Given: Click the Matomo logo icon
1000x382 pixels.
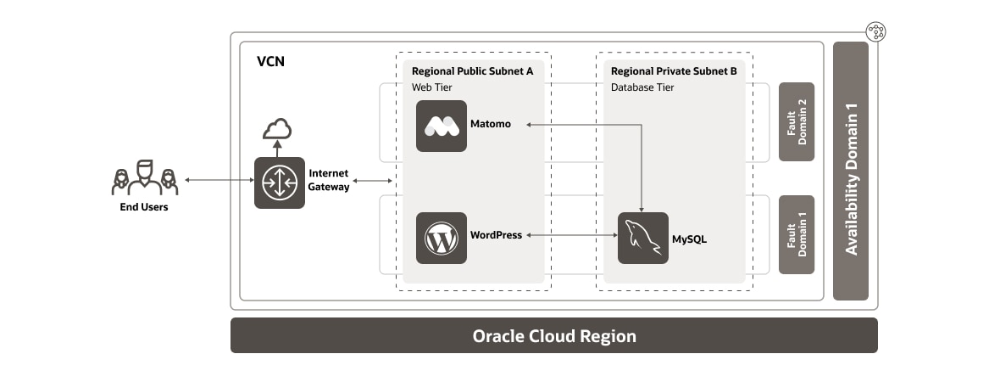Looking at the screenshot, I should click(442, 126).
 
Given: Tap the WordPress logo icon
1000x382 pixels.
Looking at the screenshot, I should click(442, 238).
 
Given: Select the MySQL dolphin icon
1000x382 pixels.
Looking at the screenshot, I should click(642, 238).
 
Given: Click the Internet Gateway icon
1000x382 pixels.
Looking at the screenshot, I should click(280, 183).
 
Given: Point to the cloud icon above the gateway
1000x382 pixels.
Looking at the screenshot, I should click(277, 129).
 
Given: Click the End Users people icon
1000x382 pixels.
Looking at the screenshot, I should click(145, 177).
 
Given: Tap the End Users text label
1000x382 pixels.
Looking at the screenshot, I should click(144, 207).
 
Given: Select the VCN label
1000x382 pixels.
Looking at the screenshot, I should click(270, 63).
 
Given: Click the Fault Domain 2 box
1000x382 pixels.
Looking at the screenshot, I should click(797, 121).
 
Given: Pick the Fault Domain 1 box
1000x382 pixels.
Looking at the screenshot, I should click(797, 234).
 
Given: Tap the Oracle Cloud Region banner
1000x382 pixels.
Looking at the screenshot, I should click(554, 335).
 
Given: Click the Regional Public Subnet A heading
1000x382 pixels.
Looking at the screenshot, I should click(472, 71).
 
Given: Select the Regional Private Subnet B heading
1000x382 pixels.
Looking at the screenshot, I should click(674, 71).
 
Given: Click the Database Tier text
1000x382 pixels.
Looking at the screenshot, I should click(642, 87).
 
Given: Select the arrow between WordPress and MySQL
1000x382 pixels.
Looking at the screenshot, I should click(569, 235).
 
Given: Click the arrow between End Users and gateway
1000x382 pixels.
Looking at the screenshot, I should click(218, 180).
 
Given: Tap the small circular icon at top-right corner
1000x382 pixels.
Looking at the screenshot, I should click(876, 32).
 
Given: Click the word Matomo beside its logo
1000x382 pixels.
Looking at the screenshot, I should click(491, 125).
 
